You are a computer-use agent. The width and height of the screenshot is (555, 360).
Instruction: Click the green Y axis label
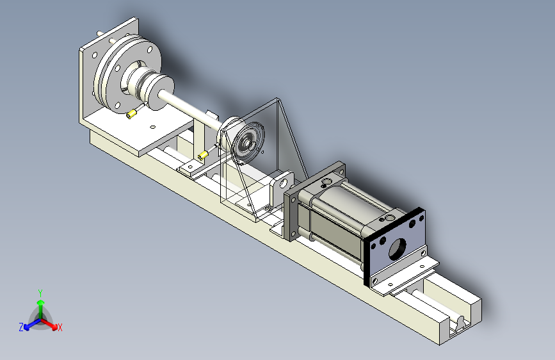pos(40,293)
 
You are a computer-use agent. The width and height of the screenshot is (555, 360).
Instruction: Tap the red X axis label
pos(60,327)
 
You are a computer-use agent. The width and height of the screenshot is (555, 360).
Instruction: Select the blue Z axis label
pos(21,327)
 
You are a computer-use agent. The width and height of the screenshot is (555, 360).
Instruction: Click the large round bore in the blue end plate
pos(397,249)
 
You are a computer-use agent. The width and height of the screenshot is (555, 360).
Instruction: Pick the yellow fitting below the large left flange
pos(131,114)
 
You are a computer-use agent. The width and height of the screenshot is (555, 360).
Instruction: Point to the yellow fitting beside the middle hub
pos(203,155)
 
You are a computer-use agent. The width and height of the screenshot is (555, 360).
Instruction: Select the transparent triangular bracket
pos(264,160)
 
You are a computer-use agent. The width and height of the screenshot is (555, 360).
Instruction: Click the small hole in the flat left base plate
pos(153,127)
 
